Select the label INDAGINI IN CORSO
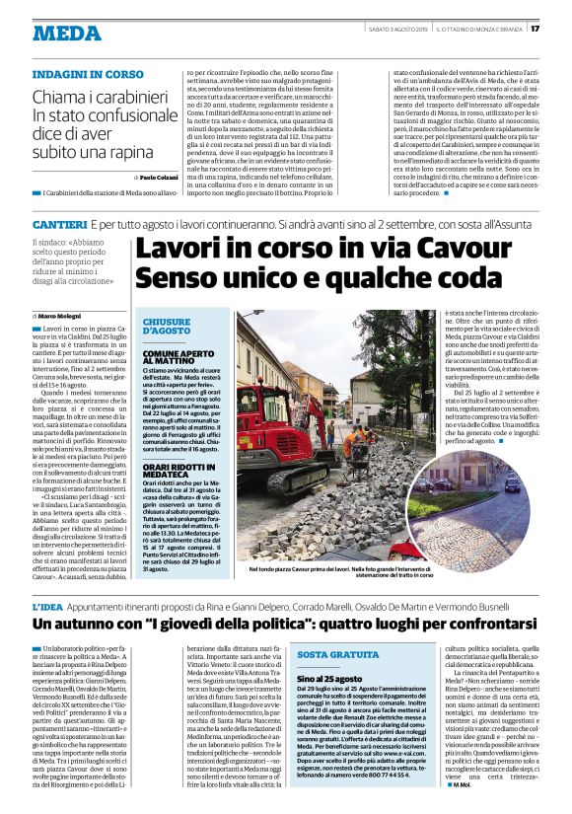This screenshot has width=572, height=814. [88, 74]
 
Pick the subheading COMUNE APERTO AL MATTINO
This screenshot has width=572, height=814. [175, 356]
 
